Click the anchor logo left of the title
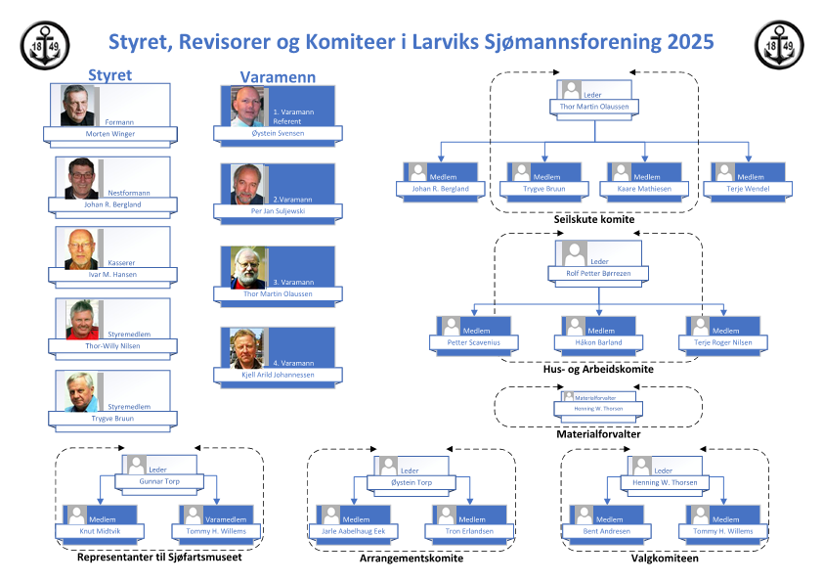coord(46,45)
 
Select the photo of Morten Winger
coord(78,106)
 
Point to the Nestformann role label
coord(129,194)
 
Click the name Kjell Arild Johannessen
coord(278,375)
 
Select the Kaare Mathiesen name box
coord(644,188)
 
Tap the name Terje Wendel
coord(748,188)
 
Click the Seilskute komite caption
coord(593,220)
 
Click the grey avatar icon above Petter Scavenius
coord(451,326)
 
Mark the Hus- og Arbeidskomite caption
coord(597,370)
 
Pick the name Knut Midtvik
coord(101,531)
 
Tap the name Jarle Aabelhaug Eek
coord(353,531)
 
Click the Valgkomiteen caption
coord(664,559)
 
